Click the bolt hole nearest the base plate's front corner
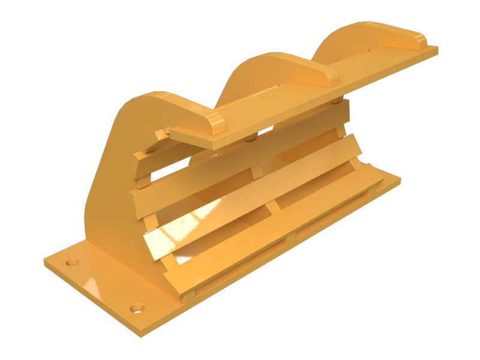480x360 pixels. click(137, 308)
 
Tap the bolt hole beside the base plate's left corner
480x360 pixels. click(73, 263)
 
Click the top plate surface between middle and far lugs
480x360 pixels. click(366, 66)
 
